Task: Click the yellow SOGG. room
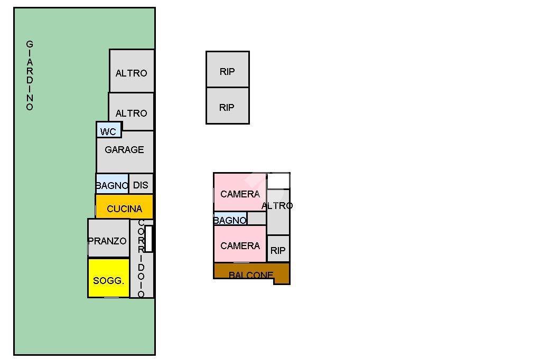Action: tap(109, 278)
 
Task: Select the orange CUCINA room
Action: tap(124, 206)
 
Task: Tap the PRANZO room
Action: tap(108, 238)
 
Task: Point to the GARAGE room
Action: tap(125, 151)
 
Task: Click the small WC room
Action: tap(109, 130)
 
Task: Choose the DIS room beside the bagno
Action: tap(141, 184)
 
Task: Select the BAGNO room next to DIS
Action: tap(112, 184)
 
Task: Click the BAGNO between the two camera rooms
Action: tap(230, 219)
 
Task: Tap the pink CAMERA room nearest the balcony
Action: tap(240, 244)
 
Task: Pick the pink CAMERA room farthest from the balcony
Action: tap(240, 192)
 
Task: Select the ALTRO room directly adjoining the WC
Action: tap(131, 111)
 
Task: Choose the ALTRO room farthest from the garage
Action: tap(132, 71)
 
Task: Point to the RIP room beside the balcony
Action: tap(278, 249)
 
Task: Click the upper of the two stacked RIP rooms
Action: tap(227, 69)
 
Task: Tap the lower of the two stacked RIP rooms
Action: tap(227, 106)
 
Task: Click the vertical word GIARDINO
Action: tap(30, 75)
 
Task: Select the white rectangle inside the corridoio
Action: tap(148, 239)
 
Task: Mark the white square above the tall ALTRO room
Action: tap(278, 181)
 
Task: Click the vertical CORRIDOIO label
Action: tap(141, 258)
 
